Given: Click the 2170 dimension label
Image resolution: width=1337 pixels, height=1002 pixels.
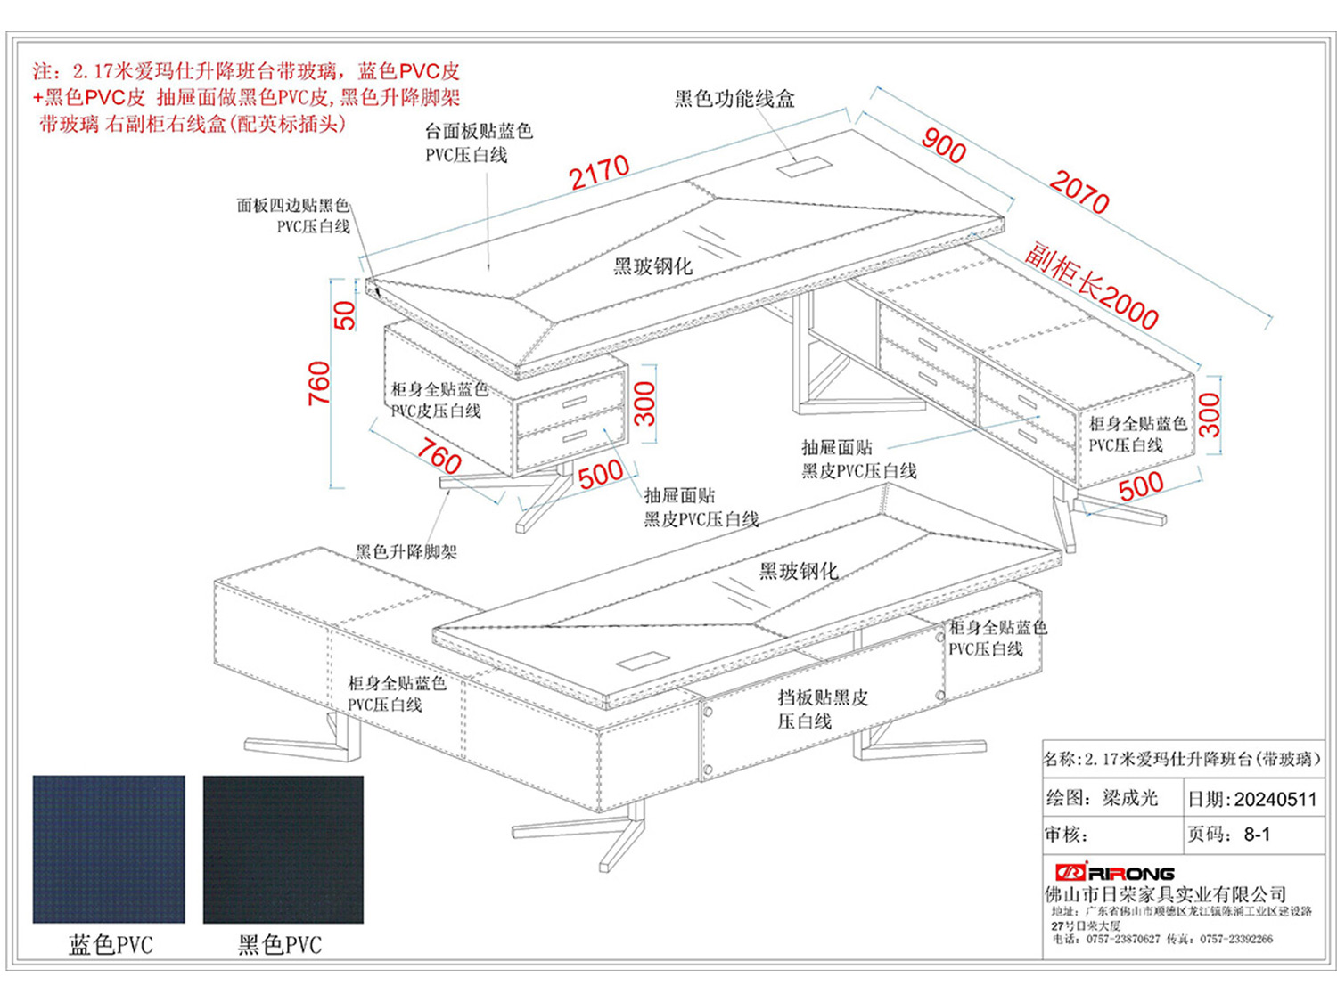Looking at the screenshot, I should pyautogui.click(x=600, y=172).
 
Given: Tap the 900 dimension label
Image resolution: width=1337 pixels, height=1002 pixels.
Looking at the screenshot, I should pyautogui.click(x=944, y=144).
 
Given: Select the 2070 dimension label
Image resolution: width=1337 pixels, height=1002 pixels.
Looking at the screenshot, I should pyautogui.click(x=1079, y=191).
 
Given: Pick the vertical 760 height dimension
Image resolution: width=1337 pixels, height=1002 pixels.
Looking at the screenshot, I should pyautogui.click(x=318, y=383).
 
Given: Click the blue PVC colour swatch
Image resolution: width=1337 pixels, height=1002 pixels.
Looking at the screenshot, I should pyautogui.click(x=109, y=848).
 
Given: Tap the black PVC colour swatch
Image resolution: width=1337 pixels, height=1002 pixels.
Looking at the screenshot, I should pyautogui.click(x=283, y=848).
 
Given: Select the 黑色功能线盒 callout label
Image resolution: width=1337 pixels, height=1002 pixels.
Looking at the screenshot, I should pyautogui.click(x=734, y=99).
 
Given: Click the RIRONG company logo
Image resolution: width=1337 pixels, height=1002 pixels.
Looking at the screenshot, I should pyautogui.click(x=1114, y=873).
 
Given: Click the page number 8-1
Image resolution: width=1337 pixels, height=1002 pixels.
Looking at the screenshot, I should pyautogui.click(x=1257, y=835).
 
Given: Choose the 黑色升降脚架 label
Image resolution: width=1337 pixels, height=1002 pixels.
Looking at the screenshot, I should pyautogui.click(x=406, y=552).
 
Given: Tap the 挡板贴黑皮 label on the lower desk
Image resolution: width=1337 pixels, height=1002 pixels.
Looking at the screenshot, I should pyautogui.click(x=822, y=698).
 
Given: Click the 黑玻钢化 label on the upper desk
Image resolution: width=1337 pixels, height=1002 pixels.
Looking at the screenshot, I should pyautogui.click(x=652, y=266).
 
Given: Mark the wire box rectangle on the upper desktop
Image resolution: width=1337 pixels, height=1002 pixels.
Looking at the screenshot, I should pyautogui.click(x=800, y=167).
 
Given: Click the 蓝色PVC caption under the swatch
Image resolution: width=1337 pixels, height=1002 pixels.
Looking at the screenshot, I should pyautogui.click(x=111, y=945).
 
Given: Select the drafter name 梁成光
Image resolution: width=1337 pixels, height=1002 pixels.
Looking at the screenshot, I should pyautogui.click(x=1129, y=798).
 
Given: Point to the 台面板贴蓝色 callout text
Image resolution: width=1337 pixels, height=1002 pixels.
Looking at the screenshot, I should pyautogui.click(x=479, y=132).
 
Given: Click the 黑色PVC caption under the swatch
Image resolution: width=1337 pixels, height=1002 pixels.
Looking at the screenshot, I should pyautogui.click(x=280, y=945).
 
